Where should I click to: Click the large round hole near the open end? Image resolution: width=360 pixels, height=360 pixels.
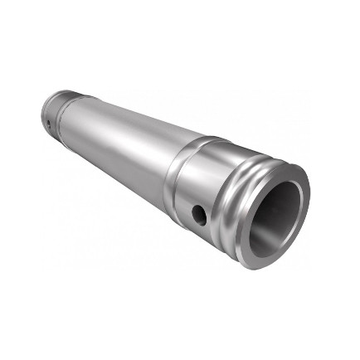tap(199, 215)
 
